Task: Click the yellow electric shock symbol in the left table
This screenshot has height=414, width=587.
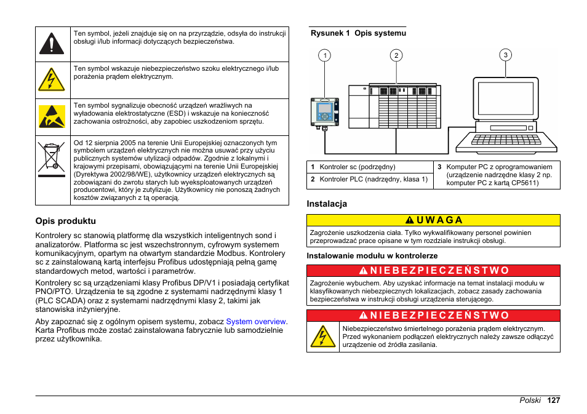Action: tap(52, 80)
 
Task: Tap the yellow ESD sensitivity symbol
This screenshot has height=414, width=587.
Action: tap(52, 117)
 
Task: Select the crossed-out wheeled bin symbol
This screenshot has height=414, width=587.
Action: tap(52, 157)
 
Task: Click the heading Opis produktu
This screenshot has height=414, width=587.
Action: tap(66, 221)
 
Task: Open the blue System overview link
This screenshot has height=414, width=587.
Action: tap(256, 321)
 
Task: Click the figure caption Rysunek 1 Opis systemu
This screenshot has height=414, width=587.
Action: tap(358, 33)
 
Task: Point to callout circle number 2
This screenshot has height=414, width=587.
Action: tap(397, 55)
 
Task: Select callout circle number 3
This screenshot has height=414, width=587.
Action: tap(505, 55)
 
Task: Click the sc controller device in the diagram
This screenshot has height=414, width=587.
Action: tap(324, 111)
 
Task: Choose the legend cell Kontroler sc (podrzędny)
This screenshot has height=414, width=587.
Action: tap(357, 167)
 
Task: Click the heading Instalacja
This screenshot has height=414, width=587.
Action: tap(327, 204)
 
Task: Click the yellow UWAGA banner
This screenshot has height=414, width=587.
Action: tap(434, 220)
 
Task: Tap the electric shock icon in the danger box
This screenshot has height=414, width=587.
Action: tap(323, 337)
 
